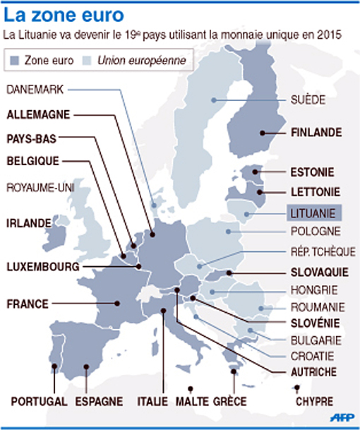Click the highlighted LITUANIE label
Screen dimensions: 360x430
tap(316, 211)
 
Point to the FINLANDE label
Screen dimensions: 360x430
tap(316, 132)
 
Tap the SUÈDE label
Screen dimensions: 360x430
tap(308, 100)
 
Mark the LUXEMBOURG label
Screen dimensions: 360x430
tap(42, 268)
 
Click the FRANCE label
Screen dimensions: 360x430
tap(28, 304)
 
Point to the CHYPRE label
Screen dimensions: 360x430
tap(314, 401)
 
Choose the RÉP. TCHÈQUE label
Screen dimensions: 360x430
tap(323, 252)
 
